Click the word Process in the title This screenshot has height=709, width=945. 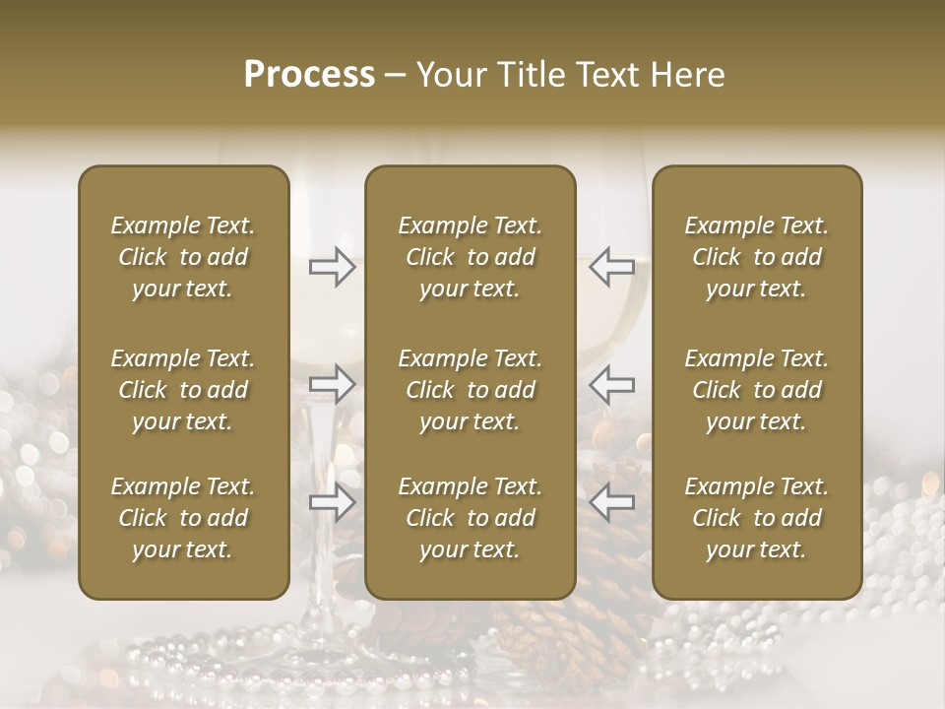pos(309,75)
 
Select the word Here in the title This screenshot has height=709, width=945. pos(685,75)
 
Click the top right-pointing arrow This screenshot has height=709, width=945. pos(332,267)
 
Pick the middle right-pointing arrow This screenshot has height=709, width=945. pos(332,383)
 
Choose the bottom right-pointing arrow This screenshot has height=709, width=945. pos(332,503)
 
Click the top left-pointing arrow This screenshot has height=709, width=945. pos(611,267)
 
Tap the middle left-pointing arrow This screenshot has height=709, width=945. pos(611,383)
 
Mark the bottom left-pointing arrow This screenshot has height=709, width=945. pos(611,503)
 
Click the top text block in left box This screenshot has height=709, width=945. pos(183,257)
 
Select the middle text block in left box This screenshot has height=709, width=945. pos(183,390)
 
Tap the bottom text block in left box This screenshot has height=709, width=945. pos(183,518)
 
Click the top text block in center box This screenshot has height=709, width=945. pos(470,257)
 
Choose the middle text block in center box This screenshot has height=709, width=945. pos(470,390)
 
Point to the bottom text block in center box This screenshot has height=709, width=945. pos(470,518)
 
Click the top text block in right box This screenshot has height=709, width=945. pos(756,257)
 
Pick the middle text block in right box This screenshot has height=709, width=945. pos(756,390)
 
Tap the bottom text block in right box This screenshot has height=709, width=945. pos(756,518)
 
